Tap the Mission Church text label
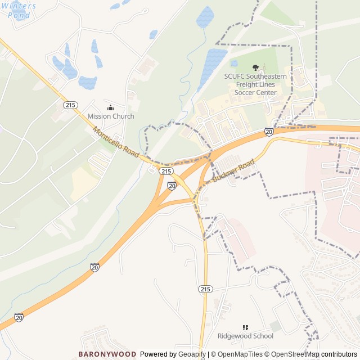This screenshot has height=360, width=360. pos(111,116)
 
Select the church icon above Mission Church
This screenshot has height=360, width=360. pos(110,107)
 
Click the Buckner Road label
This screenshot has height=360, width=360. pos(234,171)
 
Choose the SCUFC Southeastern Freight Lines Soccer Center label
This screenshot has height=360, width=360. pos(255,84)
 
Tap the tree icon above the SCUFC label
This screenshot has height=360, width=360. pos(256,68)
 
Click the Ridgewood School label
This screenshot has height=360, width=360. pos(245,336)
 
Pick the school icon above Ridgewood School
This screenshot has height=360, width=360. pos(245,327)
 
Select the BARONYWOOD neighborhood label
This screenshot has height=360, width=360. pos(107,354)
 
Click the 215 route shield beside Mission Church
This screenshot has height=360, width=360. pos(70,105)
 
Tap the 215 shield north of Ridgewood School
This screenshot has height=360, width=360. pos(205,289)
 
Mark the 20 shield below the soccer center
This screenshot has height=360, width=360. pos(269,132)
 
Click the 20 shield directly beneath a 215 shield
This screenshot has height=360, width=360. pos(172,185)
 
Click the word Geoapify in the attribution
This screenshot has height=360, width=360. pos(192,354)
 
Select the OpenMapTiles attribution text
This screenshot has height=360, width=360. pos(239,354)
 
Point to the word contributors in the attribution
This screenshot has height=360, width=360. pos(339,354)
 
